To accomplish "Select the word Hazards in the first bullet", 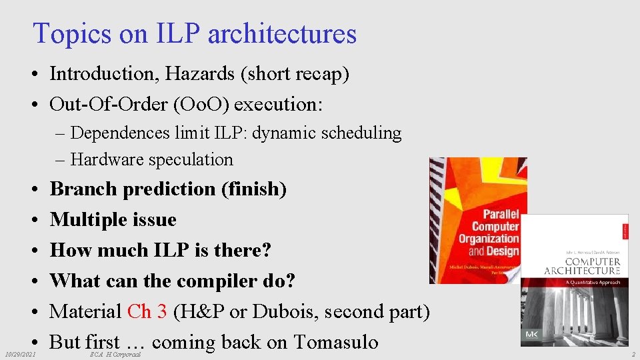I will click(x=204, y=74).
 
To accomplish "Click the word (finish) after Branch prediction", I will click(x=253, y=189).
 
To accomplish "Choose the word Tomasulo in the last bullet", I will click(x=335, y=342).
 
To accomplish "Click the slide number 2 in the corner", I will click(x=633, y=355).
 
